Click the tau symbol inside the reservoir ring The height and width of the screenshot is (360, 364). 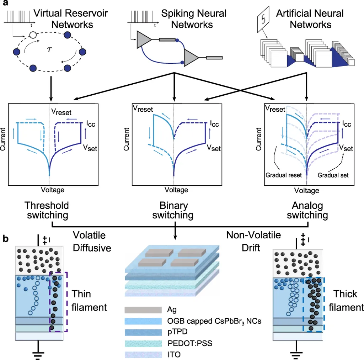(49, 49)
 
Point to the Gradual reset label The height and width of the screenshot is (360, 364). (283, 175)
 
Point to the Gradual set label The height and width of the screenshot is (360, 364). (333, 175)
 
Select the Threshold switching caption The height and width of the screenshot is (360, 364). (47, 211)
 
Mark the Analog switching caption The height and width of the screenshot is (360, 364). (307, 211)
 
